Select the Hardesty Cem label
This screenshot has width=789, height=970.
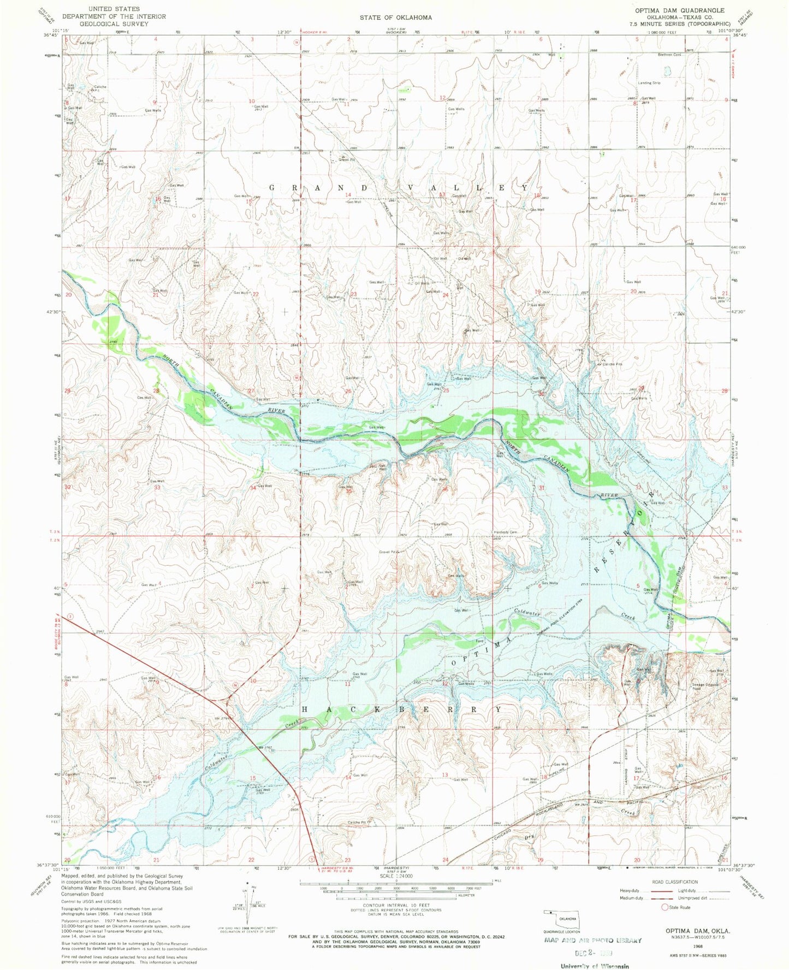pos(506,532)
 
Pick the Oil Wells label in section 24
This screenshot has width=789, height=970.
pos(422,283)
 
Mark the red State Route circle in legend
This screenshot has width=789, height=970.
pos(665,907)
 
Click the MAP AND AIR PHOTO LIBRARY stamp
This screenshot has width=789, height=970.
pos(592,940)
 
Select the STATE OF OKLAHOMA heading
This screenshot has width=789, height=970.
pos(395,17)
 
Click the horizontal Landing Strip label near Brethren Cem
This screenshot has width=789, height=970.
pos(649,83)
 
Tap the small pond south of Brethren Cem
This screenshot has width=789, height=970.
pos(667,70)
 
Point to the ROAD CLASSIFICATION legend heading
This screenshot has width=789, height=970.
pos(675,882)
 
